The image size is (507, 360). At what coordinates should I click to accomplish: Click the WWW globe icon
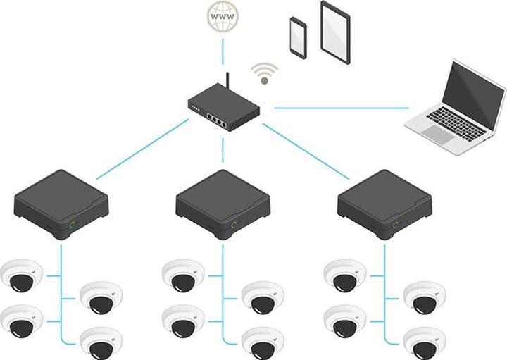point(223,16)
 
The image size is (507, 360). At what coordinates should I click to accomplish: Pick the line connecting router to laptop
point(341,108)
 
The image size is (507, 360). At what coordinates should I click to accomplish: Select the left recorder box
point(62,201)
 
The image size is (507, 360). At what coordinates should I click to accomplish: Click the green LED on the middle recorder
point(234,225)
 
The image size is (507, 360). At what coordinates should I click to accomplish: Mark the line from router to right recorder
point(306,151)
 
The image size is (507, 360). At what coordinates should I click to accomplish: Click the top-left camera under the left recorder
point(23,275)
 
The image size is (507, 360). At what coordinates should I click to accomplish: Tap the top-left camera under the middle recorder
point(184,275)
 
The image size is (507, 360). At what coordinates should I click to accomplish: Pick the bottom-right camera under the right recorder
point(425,342)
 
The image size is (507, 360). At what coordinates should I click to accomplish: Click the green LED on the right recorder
point(396,225)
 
